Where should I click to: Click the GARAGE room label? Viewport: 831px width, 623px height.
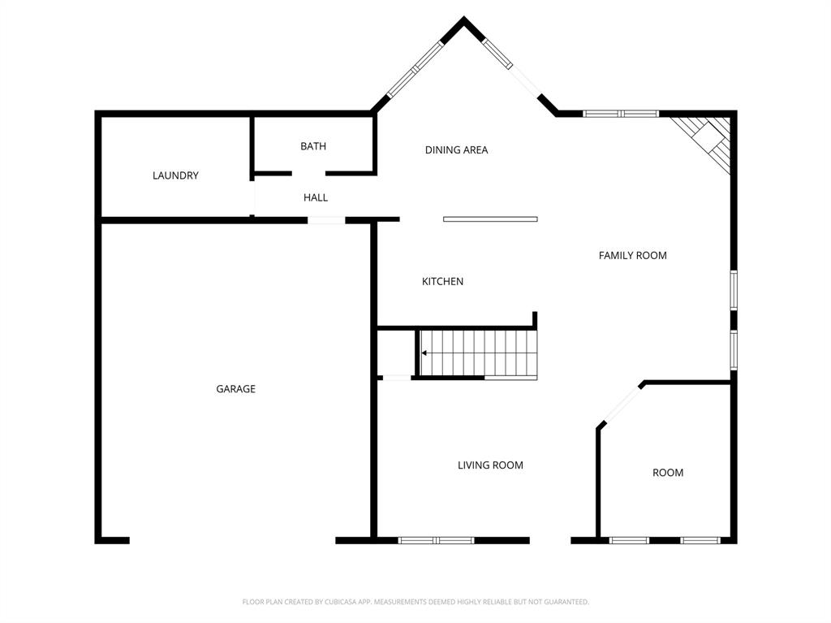pos(235,389)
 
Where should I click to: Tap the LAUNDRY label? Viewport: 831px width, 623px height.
pos(175,175)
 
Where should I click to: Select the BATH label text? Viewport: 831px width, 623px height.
pos(313,146)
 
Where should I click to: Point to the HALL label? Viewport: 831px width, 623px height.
pos(316,197)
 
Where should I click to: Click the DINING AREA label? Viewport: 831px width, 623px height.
pos(456,149)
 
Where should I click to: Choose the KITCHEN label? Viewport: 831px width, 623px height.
pos(442,281)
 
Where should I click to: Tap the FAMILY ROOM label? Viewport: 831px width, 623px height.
pos(632,255)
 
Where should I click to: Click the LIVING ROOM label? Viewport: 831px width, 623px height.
pos(490,465)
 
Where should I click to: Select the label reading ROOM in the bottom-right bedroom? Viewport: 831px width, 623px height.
pos(668,473)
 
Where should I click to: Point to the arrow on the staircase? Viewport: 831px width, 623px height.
pos(425,353)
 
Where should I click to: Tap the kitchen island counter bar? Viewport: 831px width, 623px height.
pos(490,218)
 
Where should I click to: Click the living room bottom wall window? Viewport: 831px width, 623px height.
pos(436,540)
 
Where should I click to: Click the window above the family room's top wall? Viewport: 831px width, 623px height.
pos(621,114)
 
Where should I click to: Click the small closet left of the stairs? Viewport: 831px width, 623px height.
pos(397,353)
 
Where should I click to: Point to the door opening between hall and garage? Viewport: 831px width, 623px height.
pos(326,219)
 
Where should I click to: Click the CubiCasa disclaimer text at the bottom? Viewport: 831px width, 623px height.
pos(415,602)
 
